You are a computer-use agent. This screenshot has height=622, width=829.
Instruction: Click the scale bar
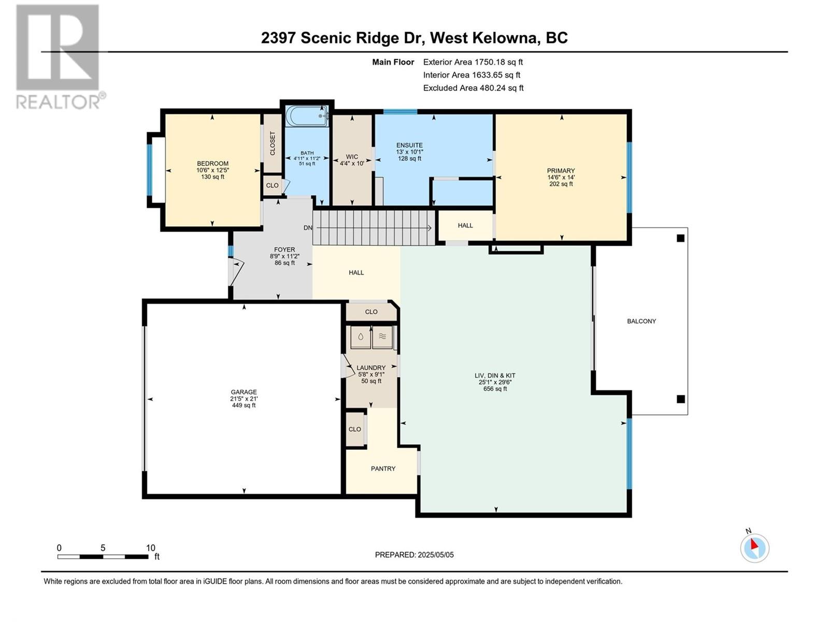[103, 557]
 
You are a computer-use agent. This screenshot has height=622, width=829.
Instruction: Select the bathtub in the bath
[307, 116]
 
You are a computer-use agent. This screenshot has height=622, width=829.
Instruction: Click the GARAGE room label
[244, 392]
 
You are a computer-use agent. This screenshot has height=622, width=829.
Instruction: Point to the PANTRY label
[383, 469]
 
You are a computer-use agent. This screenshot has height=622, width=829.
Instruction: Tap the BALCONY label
[641, 321]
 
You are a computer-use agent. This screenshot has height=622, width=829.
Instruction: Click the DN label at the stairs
[308, 228]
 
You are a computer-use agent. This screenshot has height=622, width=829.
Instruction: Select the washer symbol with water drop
[360, 337]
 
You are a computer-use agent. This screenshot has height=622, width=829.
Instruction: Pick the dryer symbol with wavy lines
[382, 337]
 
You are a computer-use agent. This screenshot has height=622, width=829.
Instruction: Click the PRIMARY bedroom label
[561, 171]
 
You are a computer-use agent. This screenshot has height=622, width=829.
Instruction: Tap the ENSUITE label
[409, 145]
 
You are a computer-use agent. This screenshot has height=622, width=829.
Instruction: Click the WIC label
[352, 157]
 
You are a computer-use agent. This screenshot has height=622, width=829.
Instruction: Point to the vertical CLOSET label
[273, 143]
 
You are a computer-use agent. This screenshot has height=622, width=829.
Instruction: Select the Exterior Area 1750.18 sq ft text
[473, 62]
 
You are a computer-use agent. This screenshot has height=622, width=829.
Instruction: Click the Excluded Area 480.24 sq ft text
[473, 88]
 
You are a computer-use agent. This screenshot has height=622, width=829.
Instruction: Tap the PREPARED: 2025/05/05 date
[414, 555]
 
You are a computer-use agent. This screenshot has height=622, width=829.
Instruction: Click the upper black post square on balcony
[681, 238]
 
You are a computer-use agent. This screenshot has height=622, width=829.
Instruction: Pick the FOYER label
[284, 250]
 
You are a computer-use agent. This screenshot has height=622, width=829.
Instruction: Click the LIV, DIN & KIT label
[495, 375]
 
